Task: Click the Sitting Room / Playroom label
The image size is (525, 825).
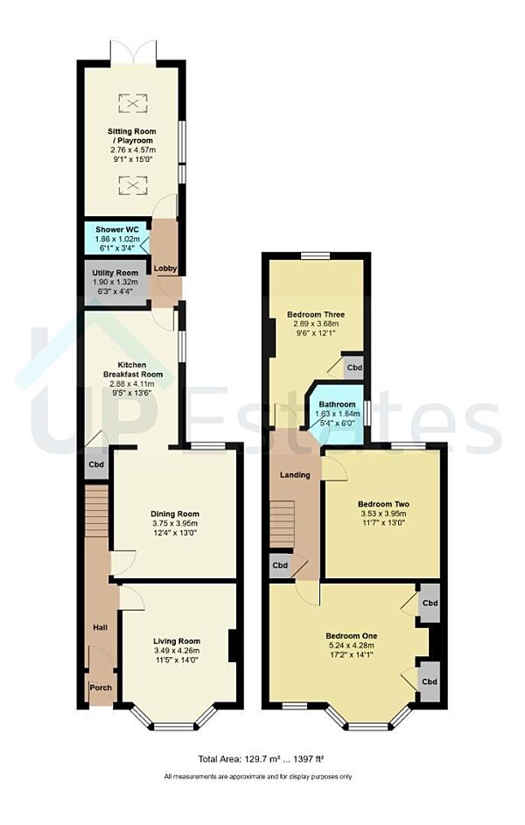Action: point(130,136)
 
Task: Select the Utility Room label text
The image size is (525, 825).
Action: point(116,273)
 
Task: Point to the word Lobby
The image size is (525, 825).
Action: point(164,268)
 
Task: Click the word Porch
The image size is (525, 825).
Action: point(101,688)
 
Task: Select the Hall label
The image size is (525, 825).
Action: point(100,628)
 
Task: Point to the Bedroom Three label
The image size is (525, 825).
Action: point(316,314)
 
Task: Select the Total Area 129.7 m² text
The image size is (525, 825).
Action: point(262,759)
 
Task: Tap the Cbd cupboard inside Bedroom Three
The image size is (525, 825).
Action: point(353,367)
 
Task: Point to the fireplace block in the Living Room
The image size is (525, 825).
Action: point(233,647)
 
